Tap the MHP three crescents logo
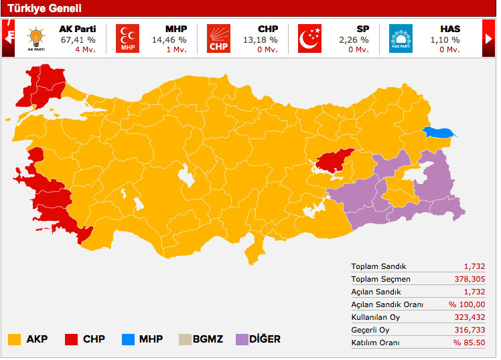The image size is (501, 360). click(127, 39)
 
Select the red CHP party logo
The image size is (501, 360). click(218, 39)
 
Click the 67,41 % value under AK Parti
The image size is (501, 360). click(76, 39)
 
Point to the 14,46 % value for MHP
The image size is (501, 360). click(169, 39)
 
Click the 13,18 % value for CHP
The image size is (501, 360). click(261, 39)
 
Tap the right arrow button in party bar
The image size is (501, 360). click(488, 39)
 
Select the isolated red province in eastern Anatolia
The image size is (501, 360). click(334, 160)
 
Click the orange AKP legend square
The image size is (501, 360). click(14, 339)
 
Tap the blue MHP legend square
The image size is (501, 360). click(128, 339)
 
